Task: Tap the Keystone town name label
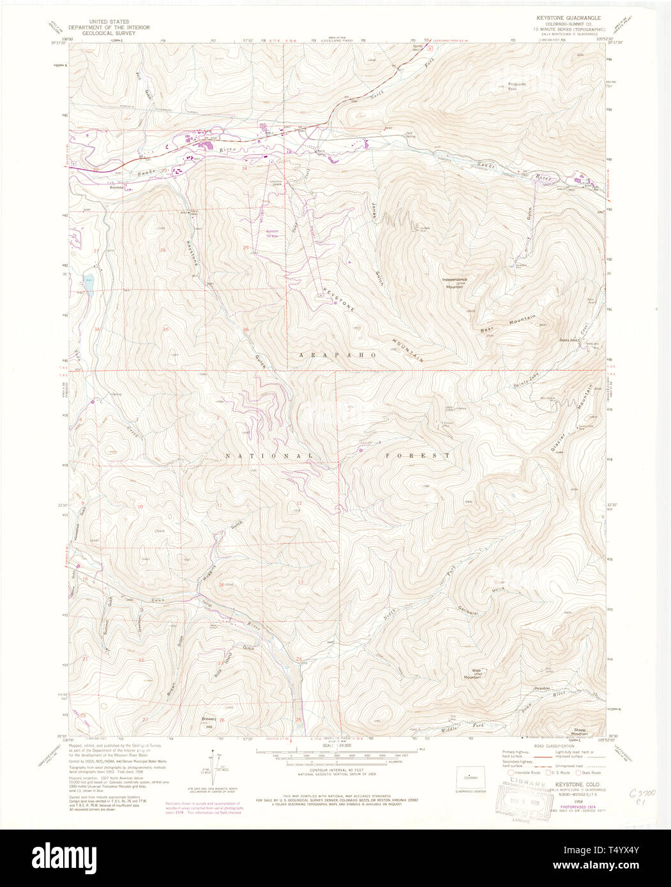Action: coord(116,188)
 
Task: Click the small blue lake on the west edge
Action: coord(87,280)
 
